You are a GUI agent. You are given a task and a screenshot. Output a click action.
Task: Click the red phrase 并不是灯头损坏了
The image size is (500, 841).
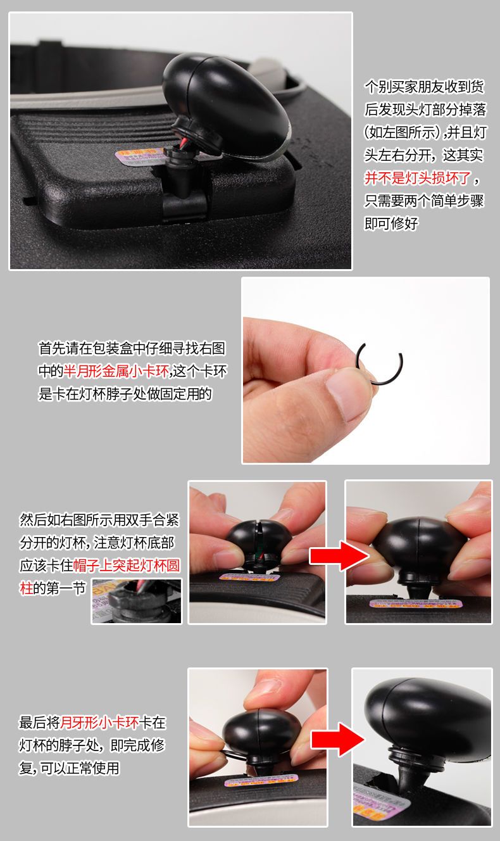(418, 177)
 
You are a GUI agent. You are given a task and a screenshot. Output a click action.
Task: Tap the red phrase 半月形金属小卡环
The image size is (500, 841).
(116, 371)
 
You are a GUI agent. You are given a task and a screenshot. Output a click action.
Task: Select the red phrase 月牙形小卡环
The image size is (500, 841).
(99, 722)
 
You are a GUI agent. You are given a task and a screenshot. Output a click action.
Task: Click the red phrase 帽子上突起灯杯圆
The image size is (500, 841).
(127, 565)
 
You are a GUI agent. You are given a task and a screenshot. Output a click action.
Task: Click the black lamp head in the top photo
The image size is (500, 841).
(226, 104)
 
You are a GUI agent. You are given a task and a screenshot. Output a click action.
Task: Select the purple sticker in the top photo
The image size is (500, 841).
(141, 157)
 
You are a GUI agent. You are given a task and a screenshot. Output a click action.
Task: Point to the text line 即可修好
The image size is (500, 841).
(391, 224)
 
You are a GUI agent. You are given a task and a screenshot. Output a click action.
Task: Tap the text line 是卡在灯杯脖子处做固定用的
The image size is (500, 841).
(125, 394)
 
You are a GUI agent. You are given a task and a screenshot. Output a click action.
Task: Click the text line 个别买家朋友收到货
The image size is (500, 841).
(425, 87)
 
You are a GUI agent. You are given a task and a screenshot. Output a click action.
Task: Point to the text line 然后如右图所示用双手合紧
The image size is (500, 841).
(100, 520)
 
